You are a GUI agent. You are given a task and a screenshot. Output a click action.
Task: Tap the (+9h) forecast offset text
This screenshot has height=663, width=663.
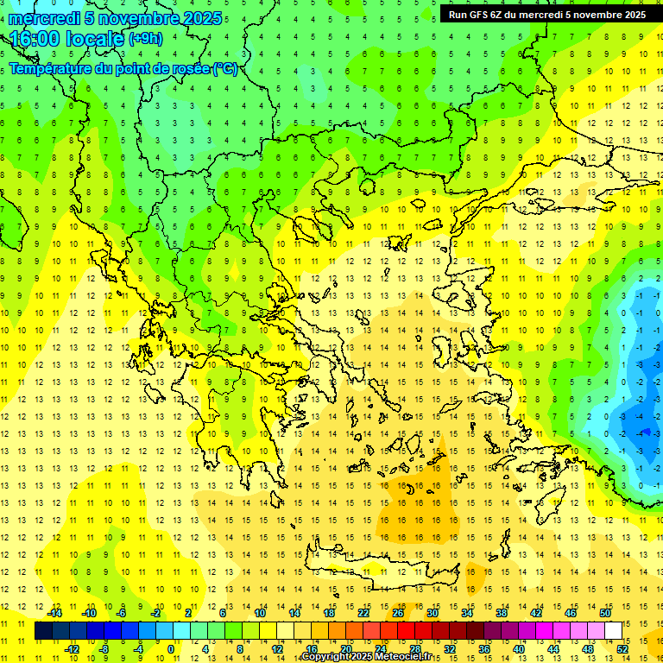click(x=144, y=38)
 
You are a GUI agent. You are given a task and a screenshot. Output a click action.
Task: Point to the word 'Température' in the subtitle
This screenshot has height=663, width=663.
click(x=51, y=68)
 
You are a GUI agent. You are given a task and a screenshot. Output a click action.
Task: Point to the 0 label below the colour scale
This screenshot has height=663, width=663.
click(x=172, y=649)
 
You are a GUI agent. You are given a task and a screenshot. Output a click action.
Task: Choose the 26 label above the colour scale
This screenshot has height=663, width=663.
click(x=398, y=613)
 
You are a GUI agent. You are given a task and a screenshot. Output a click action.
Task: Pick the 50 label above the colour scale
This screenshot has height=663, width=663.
click(x=605, y=613)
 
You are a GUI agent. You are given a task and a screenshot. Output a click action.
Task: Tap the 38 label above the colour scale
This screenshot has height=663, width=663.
click(x=502, y=613)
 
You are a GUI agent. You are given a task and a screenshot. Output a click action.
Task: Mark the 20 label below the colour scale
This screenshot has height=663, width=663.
click(x=346, y=649)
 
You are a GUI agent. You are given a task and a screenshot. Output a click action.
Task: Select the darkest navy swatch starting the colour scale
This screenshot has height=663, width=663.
click(x=43, y=631)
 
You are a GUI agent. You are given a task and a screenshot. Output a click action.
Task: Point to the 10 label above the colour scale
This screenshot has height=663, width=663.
click(x=260, y=613)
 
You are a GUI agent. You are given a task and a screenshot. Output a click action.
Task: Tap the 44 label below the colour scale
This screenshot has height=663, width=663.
click(x=553, y=649)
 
